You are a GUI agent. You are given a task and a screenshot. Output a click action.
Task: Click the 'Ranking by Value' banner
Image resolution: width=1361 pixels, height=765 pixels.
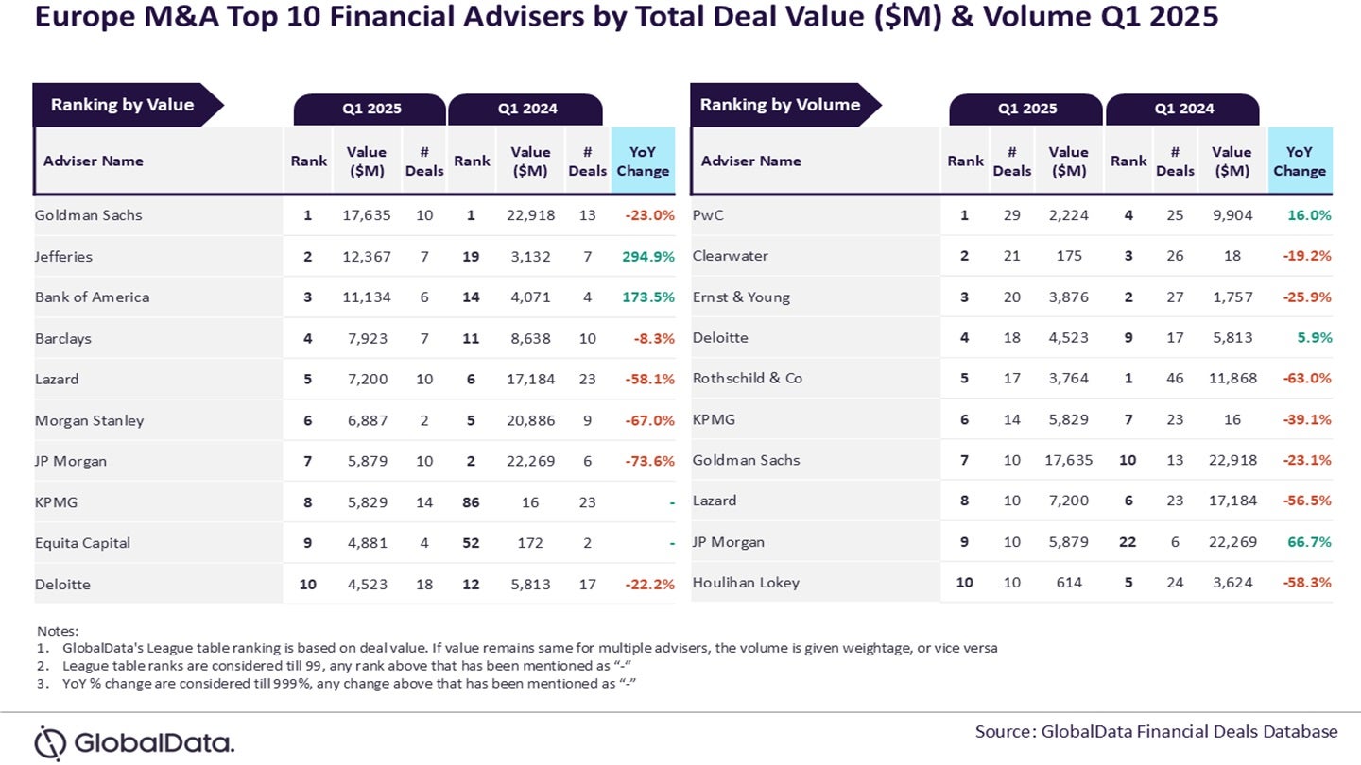click(x=122, y=105)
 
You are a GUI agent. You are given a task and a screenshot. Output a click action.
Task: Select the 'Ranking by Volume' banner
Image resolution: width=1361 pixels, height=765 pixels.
click(x=780, y=105)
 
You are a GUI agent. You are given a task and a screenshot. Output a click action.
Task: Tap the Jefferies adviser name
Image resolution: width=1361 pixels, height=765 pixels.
click(x=63, y=256)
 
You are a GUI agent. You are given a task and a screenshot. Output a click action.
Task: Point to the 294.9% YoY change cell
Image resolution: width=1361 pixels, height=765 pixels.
click(x=648, y=256)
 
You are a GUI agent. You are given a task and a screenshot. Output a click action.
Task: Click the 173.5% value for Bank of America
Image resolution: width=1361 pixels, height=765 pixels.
click(x=648, y=297)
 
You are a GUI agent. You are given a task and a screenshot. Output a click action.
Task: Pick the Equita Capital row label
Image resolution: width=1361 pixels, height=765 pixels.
click(x=82, y=543)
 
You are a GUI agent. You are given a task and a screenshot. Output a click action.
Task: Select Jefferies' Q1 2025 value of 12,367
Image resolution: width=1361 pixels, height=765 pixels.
click(x=366, y=256)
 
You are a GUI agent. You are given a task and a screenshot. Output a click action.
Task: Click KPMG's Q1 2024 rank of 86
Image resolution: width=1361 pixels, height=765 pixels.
click(x=471, y=502)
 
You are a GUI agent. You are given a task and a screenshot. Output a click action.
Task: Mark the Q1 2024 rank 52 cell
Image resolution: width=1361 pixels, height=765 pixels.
click(x=471, y=543)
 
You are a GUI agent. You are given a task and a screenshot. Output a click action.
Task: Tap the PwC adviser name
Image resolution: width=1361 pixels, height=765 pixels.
click(x=709, y=215)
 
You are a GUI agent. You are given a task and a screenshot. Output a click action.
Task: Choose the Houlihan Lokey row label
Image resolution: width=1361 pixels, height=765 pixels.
click(x=746, y=583)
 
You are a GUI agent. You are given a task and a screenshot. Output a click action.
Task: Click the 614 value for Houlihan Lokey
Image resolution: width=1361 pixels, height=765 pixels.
click(x=1068, y=583)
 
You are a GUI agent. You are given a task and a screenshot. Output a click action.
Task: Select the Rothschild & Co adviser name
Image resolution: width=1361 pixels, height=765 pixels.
click(x=747, y=378)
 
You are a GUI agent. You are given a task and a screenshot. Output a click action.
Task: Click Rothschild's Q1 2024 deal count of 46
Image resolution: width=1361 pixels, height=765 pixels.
click(x=1175, y=378)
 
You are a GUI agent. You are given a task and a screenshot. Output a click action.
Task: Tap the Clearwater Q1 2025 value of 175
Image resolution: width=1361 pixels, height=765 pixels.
click(x=1068, y=256)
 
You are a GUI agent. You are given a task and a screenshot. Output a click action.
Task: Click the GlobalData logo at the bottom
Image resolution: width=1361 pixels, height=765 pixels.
click(x=134, y=742)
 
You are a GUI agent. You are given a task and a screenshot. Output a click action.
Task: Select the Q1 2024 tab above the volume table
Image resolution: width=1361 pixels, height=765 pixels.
click(x=1182, y=109)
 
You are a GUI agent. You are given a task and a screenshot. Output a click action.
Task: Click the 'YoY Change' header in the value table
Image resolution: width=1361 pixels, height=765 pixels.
click(x=643, y=161)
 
